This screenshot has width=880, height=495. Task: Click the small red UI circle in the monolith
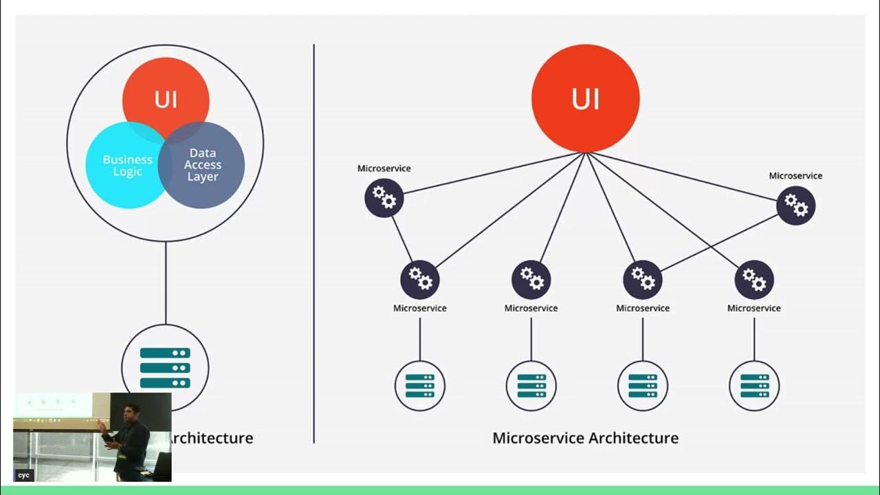click(166, 93)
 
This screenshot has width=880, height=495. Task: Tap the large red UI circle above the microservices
click(586, 98)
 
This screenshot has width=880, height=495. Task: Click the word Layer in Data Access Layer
click(203, 177)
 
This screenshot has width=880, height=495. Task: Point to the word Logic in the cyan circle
click(128, 172)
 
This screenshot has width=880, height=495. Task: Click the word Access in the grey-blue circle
click(203, 165)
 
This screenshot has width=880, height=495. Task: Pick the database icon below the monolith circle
click(165, 367)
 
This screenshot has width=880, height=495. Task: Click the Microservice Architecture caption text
click(586, 438)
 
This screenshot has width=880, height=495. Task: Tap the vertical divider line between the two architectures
click(314, 241)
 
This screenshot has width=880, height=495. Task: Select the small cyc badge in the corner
click(24, 475)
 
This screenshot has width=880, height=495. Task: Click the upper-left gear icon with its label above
click(384, 198)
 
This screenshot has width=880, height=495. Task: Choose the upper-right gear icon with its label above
click(795, 206)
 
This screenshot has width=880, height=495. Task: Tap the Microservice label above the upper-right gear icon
click(795, 176)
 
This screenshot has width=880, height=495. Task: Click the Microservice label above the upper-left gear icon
click(384, 168)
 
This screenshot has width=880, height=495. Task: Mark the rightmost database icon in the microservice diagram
click(754, 386)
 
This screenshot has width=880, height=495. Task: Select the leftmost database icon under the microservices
click(420, 386)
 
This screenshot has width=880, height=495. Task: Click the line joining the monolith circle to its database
click(166, 282)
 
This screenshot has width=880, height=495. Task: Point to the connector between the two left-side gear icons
click(401, 239)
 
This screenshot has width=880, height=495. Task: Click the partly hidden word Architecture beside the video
click(212, 438)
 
